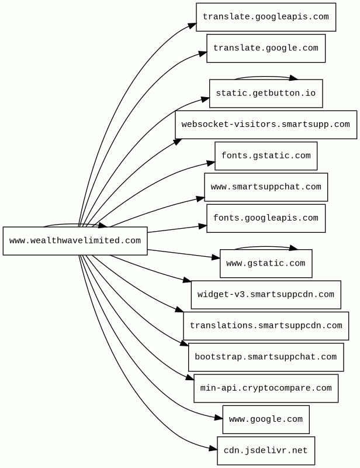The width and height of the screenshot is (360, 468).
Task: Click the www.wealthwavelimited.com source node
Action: [75, 241]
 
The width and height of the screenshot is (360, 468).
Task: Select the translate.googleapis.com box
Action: [266, 17]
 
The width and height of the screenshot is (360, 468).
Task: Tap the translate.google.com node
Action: [266, 49]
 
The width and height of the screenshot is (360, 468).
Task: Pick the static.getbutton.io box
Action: [266, 94]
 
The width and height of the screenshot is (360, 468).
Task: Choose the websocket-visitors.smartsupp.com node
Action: [266, 125]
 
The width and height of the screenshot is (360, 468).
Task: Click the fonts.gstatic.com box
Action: [266, 156]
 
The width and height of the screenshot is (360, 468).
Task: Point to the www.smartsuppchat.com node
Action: [266, 187]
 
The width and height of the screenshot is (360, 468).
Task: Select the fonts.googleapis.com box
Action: [266, 218]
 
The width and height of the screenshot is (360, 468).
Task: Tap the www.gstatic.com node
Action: [266, 264]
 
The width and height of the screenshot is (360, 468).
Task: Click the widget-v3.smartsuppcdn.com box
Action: [266, 295]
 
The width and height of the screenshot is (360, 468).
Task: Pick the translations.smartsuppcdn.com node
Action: [266, 326]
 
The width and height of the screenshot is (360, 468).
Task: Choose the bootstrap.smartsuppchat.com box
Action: [266, 357]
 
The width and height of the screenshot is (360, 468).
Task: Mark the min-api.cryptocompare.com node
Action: [266, 388]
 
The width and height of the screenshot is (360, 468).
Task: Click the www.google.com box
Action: [266, 419]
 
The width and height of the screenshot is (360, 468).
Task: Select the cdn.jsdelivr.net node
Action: [266, 450]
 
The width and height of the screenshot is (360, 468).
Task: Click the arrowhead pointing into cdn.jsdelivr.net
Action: [213, 448]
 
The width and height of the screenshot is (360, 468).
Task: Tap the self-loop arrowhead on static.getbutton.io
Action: [293, 78]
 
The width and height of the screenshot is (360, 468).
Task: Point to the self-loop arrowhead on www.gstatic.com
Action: [293, 248]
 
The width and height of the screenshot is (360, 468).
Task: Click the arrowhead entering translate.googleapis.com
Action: [192, 25]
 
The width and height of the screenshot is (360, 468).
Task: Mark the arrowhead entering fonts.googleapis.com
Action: [203, 226]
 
